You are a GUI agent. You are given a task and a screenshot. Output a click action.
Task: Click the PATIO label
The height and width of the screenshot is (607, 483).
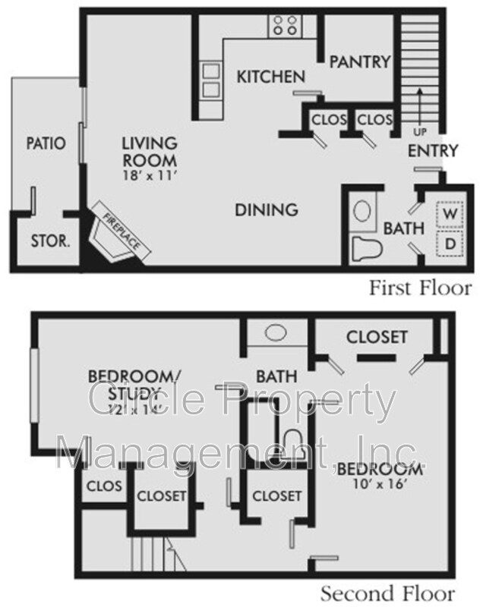point(46,143)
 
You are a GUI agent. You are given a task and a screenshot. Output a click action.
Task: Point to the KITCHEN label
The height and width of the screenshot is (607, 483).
point(270,77)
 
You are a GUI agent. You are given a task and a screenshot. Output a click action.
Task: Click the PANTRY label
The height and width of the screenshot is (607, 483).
point(359,61)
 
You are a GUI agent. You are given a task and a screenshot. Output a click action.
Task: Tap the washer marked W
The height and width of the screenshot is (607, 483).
point(450,214)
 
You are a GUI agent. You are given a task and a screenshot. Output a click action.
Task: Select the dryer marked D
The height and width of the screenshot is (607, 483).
point(450,244)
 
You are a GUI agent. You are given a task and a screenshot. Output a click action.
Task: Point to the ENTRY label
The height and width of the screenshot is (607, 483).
point(433,150)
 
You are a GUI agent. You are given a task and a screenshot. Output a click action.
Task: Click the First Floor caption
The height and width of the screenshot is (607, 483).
point(420,288)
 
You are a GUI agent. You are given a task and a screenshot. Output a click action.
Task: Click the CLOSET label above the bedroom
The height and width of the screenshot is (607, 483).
point(377,336)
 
